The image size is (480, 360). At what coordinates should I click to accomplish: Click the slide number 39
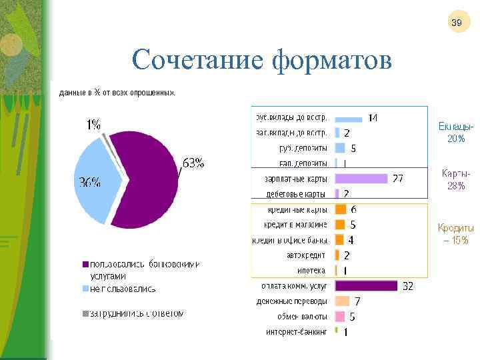pos(457,23)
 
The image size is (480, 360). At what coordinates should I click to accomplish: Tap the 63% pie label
pos(193,163)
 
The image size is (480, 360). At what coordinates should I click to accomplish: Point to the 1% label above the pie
pos(93,124)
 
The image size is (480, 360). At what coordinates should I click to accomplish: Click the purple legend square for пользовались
pos(85,265)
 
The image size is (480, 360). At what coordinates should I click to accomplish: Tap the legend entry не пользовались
pos(123,289)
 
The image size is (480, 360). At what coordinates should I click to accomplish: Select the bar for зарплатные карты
pos(361,179)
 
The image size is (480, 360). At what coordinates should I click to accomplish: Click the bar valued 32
pos(366,286)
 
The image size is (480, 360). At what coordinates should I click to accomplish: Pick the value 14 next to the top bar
pos(373,118)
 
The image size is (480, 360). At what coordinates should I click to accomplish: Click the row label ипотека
pos(311,271)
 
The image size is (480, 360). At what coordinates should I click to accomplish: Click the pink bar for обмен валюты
pos(339,317)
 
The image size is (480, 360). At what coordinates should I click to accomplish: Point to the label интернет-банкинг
pos(297,331)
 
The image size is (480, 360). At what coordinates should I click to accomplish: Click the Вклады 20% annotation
pos(457,133)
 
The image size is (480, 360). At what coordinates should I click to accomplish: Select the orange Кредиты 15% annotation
pos(456,233)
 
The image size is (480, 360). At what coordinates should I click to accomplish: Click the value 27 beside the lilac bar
pos(397,179)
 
